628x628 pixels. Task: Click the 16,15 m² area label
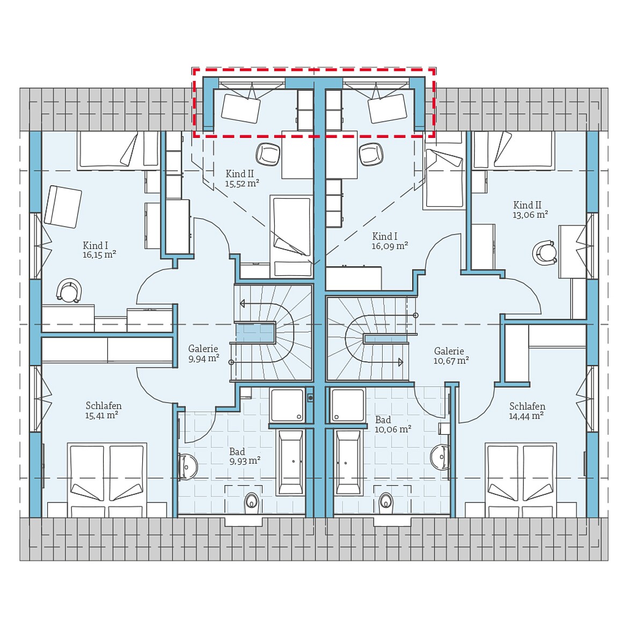pyautogui.click(x=99, y=255)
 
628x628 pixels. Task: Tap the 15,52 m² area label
pyautogui.click(x=242, y=184)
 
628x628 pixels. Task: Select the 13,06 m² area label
pyautogui.click(x=530, y=215)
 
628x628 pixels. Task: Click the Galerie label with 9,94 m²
pyautogui.click(x=203, y=359)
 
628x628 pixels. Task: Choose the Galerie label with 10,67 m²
pyautogui.click(x=451, y=361)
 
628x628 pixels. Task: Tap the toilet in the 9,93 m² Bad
pyautogui.click(x=251, y=502)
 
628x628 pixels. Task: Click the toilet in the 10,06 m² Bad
pyautogui.click(x=385, y=501)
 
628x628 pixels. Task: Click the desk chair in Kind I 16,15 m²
pyautogui.click(x=69, y=291)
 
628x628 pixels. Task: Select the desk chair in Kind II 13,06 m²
pyautogui.click(x=545, y=252)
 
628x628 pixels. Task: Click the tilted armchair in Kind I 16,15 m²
pyautogui.click(x=62, y=207)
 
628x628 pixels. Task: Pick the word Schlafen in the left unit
pyautogui.click(x=104, y=406)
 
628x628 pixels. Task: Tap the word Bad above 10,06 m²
pyautogui.click(x=383, y=420)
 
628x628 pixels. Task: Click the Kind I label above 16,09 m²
pyautogui.click(x=385, y=237)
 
